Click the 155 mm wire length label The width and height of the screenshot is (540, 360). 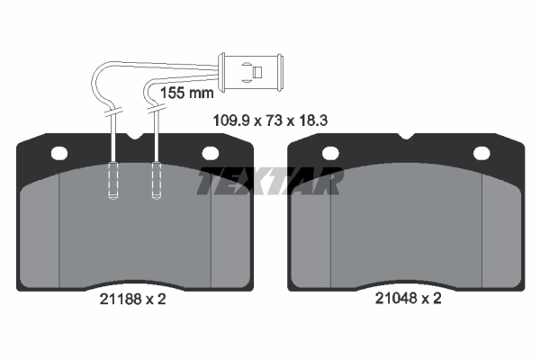[187, 93]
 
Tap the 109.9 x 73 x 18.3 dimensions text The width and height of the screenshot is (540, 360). [270, 121]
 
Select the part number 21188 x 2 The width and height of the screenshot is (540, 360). [132, 299]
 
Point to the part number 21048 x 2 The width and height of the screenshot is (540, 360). [408, 298]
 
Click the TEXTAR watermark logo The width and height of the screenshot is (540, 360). [270, 181]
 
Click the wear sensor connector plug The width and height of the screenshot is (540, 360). [251, 72]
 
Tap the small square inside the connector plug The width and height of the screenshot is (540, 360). [257, 72]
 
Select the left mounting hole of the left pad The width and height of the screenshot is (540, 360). [59, 153]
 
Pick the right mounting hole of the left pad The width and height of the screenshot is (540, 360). [210, 153]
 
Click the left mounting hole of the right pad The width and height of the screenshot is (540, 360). [330, 153]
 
